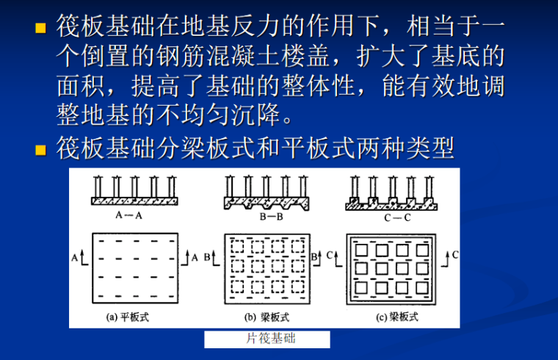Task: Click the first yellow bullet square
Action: point(42,30)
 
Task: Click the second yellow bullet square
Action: point(42,151)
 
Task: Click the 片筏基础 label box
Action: point(267,339)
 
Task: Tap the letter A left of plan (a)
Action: point(75,258)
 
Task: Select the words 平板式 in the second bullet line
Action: point(305,150)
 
